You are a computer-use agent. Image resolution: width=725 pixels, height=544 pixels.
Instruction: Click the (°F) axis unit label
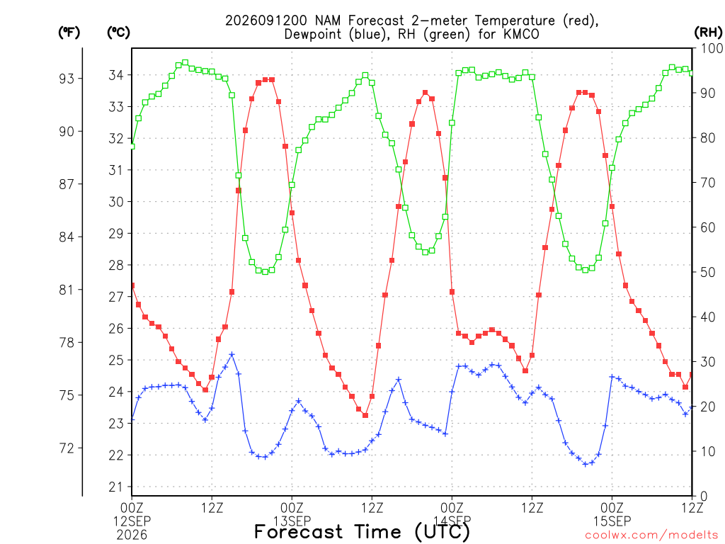tap(69, 33)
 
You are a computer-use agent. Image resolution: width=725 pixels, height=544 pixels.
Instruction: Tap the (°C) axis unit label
tap(118, 33)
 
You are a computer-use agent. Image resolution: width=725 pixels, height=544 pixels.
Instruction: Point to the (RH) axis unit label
tap(708, 33)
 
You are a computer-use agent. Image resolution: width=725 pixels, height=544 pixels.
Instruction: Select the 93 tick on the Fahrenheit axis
tap(67, 79)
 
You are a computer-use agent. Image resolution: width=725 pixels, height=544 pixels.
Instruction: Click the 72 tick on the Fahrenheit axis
tap(67, 448)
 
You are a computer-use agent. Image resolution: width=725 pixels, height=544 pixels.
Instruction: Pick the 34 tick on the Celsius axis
tap(116, 75)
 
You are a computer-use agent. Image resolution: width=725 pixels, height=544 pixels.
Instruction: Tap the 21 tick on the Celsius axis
tap(116, 487)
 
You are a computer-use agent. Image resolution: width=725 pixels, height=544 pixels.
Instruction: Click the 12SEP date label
tap(132, 521)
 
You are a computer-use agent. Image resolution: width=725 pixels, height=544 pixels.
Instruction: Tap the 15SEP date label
tap(612, 521)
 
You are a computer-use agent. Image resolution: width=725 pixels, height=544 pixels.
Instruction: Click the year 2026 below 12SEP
tap(132, 535)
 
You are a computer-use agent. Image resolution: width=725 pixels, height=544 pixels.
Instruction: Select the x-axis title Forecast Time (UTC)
tap(362, 532)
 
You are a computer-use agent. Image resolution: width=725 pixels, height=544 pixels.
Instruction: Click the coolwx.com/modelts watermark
tap(651, 535)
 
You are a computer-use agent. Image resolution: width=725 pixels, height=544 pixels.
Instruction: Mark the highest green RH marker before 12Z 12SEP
tap(185, 62)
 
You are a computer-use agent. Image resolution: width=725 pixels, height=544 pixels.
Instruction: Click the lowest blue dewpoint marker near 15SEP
tap(586, 464)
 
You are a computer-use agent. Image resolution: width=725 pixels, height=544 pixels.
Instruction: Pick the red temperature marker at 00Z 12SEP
tap(132, 285)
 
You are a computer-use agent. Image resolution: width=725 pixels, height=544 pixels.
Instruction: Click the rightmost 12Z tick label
tap(692, 509)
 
